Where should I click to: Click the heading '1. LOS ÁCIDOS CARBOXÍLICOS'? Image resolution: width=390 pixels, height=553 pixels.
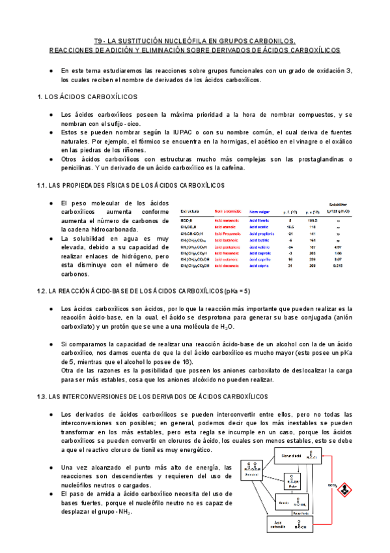tap(87, 97)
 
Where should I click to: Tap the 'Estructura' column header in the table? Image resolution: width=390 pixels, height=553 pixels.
tap(189, 211)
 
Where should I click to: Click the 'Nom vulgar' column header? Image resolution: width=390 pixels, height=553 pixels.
tap(263, 211)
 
